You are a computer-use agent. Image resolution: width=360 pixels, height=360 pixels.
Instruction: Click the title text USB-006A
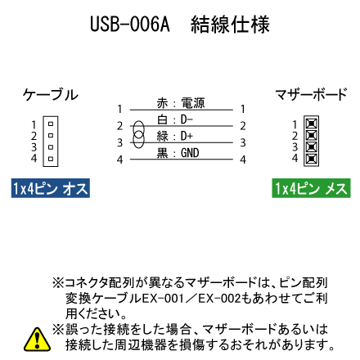130,24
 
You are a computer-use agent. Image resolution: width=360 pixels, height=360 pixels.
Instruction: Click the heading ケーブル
51,95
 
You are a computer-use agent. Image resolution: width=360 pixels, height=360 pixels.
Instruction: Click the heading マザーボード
311,94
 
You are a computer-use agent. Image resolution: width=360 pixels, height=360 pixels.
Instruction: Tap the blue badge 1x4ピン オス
51,188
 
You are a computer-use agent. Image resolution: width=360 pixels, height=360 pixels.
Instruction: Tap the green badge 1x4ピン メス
311,188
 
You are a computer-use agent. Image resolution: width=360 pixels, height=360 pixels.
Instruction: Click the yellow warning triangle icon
37,340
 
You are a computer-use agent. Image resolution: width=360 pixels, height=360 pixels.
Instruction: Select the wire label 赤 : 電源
181,103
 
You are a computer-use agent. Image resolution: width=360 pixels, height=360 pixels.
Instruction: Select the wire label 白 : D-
174,119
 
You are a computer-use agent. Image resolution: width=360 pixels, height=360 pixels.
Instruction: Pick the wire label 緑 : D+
174,136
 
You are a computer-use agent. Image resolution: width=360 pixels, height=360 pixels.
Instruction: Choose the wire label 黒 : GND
178,153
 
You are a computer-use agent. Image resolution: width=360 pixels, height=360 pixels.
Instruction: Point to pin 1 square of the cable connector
51,124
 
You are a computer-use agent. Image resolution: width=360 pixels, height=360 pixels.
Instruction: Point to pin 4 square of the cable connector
51,159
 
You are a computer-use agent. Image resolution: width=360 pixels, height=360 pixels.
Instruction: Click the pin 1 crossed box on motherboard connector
312,124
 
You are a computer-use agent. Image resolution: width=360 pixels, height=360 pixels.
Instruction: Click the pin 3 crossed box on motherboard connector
312,146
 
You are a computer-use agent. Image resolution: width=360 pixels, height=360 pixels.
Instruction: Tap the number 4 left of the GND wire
119,160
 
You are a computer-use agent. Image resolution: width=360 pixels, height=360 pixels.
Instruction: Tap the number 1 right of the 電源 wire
243,109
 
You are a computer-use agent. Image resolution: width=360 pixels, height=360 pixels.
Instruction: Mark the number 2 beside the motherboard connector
295,136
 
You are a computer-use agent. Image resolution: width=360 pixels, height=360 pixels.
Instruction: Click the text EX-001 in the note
163,299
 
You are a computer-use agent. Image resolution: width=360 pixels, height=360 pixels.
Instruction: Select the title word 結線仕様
231,25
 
